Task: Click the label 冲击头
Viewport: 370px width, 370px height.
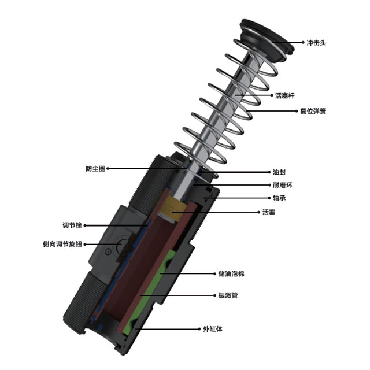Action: click(x=316, y=43)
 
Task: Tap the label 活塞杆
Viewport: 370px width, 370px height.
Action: click(x=285, y=95)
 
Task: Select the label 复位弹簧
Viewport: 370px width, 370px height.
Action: click(x=313, y=111)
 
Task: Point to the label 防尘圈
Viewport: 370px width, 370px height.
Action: click(x=95, y=169)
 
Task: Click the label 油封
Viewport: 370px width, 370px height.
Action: click(x=279, y=172)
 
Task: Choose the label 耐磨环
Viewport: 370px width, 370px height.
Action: click(x=283, y=185)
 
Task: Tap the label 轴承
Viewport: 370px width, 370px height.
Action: click(x=279, y=198)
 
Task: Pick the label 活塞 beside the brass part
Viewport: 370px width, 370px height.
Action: click(x=269, y=212)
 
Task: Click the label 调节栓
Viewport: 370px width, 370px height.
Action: click(x=72, y=225)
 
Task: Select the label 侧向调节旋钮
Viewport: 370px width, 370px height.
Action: click(x=62, y=244)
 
